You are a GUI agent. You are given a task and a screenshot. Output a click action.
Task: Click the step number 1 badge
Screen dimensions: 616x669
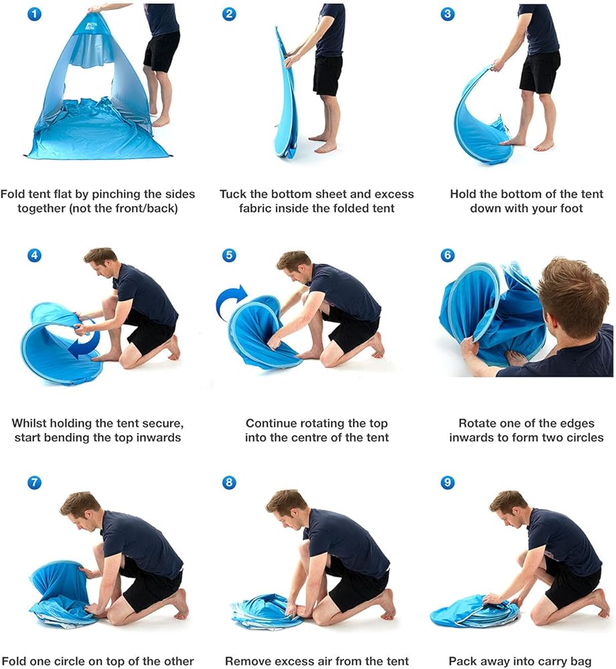pos(35,14)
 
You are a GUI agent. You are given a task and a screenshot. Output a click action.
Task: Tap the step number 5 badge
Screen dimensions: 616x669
pos(229,255)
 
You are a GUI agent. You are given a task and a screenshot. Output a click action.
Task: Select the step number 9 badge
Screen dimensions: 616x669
pos(447,482)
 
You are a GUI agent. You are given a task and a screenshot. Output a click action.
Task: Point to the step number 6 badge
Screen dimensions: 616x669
pos(447,255)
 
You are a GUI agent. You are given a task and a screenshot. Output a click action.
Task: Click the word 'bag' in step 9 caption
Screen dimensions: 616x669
pos(581,662)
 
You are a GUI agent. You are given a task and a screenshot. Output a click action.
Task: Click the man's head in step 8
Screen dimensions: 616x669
pos(285,506)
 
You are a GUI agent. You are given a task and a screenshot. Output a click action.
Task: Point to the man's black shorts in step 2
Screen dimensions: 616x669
pos(327,76)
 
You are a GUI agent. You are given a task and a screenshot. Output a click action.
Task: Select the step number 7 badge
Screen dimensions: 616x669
pos(35,482)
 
